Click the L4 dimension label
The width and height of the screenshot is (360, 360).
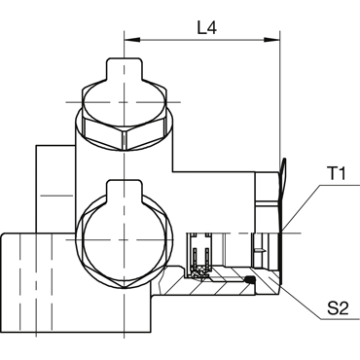(x=207, y=28)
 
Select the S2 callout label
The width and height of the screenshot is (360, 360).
(x=338, y=307)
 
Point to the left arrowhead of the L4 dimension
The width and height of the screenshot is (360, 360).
(x=132, y=40)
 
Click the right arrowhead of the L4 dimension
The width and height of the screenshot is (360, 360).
(x=271, y=40)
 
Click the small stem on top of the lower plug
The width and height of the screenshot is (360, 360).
(x=125, y=189)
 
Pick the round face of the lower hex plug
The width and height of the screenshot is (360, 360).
(x=125, y=239)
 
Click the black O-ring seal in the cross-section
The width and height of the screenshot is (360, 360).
(x=249, y=279)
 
